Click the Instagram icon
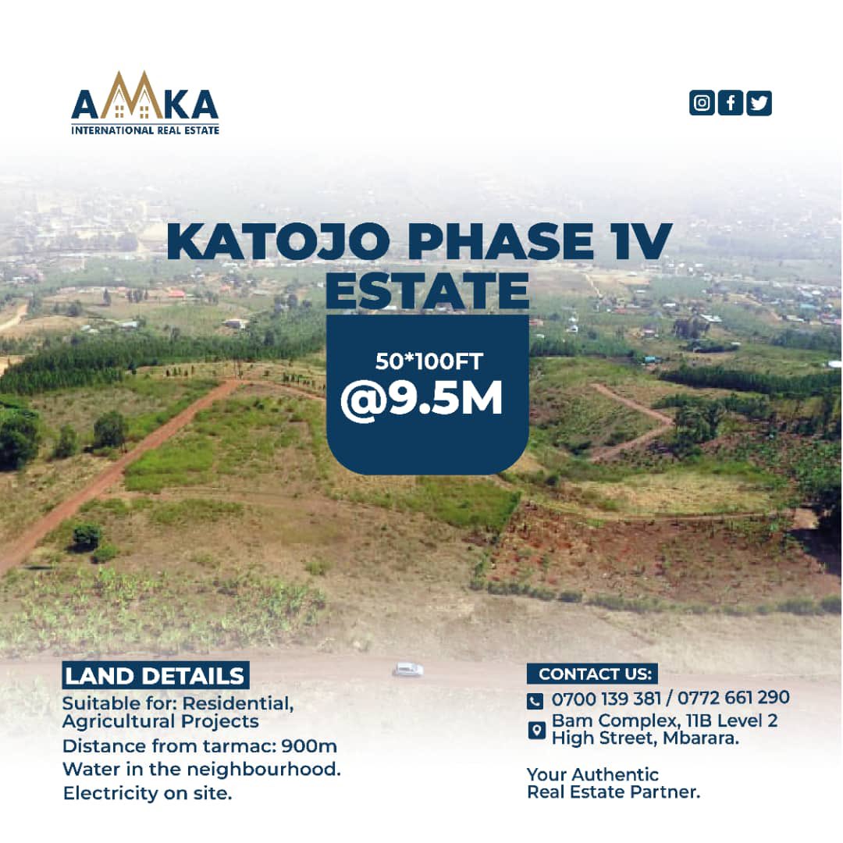tap(702, 103)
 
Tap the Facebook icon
tap(731, 103)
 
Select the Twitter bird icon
tap(759, 103)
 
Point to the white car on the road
tap(408, 669)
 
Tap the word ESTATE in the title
tap(427, 290)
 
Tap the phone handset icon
tap(535, 700)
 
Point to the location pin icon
tap(536, 730)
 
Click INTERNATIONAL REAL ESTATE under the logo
tap(145, 130)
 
